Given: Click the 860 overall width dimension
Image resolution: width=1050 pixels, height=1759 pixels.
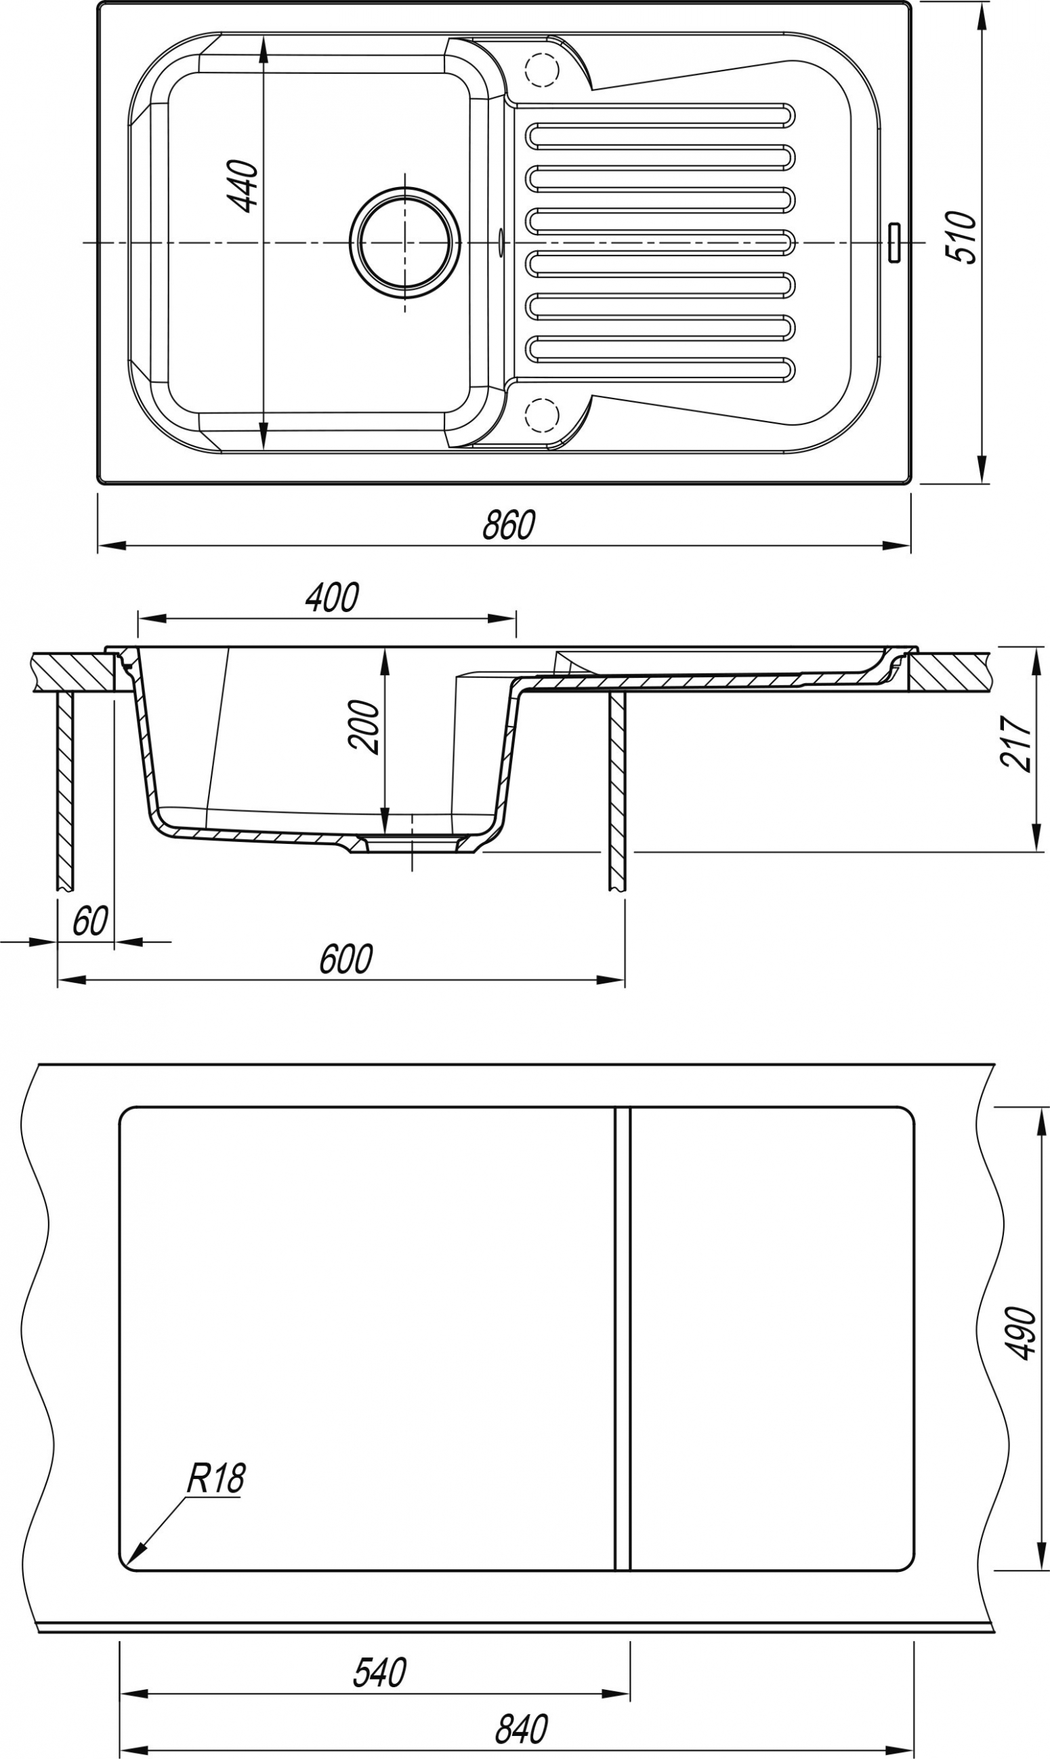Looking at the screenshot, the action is (509, 525).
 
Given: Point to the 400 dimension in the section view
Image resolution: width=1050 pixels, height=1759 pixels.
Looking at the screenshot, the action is (332, 597).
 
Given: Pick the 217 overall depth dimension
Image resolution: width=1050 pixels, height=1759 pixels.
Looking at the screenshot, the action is (1016, 742).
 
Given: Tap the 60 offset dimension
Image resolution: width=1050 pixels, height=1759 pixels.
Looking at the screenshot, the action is (90, 921).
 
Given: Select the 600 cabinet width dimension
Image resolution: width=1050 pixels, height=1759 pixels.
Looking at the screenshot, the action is (345, 959).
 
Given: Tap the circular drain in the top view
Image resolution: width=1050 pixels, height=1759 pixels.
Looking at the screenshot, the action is (404, 242).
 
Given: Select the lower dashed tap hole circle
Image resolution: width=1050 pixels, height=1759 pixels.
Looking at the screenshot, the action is (542, 415).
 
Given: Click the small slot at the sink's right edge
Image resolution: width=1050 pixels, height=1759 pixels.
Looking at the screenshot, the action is (895, 243).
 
